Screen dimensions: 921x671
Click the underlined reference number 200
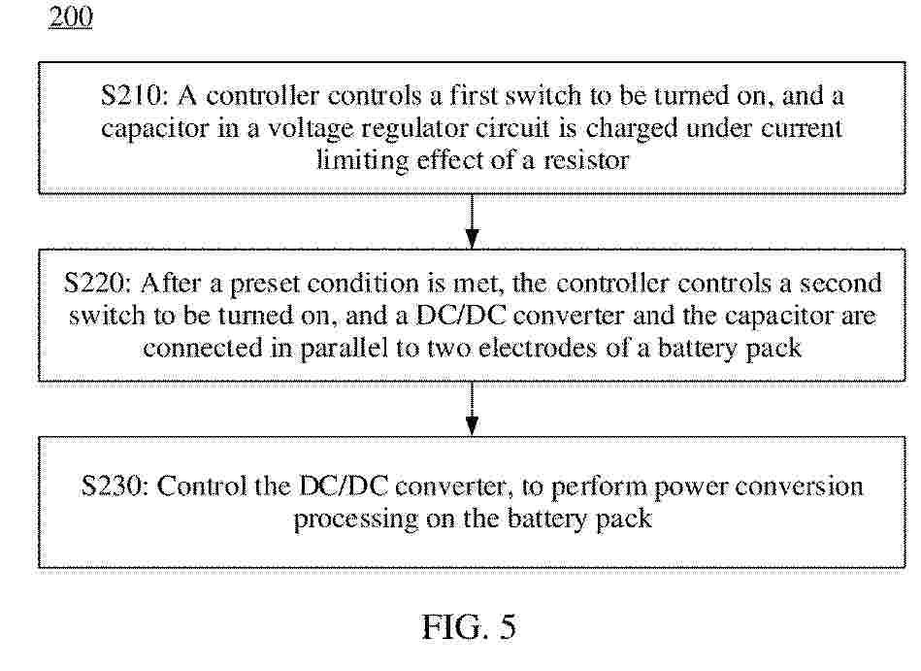(71, 16)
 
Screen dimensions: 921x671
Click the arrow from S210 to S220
(472, 221)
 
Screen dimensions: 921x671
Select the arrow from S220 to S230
(472, 409)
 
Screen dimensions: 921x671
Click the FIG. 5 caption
(470, 627)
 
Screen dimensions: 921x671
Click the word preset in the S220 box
(264, 285)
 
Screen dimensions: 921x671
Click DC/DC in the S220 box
(461, 317)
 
